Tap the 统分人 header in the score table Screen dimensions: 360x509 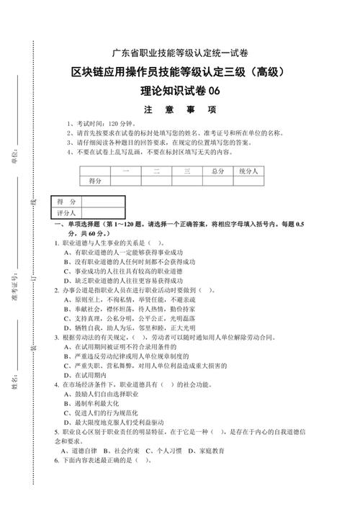(x=250, y=171)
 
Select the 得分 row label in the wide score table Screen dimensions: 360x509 (x=95, y=180)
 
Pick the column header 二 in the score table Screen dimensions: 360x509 (x=156, y=171)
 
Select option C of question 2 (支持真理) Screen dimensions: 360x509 (x=130, y=317)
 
